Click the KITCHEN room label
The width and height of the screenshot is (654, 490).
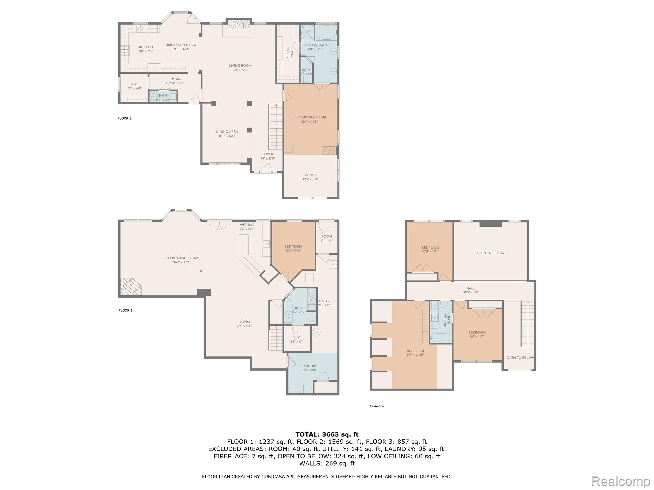tap(146, 47)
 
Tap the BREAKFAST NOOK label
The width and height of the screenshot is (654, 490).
tap(181, 45)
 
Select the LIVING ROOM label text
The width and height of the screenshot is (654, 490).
tap(240, 66)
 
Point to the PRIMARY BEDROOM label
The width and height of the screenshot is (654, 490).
tap(310, 117)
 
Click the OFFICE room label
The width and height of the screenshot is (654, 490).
tap(310, 175)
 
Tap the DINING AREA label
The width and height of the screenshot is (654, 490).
tap(227, 132)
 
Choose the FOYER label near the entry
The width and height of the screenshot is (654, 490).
tap(268, 154)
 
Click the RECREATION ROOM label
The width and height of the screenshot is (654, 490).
tap(182, 258)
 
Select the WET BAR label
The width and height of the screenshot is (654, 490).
tap(247, 225)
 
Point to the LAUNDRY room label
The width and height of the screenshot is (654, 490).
tap(309, 366)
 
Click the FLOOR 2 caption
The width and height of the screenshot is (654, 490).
tap(125, 118)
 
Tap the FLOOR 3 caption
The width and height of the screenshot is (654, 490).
tap(376, 406)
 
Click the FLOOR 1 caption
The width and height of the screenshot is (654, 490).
tap(125, 310)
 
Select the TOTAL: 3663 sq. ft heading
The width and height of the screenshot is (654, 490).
tap(327, 434)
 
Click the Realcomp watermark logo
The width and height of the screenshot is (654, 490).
tap(620, 481)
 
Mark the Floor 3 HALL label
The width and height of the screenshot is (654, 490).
tap(470, 288)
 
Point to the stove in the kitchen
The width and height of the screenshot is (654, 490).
tap(125, 51)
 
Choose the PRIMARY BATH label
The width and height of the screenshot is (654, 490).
tap(315, 45)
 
